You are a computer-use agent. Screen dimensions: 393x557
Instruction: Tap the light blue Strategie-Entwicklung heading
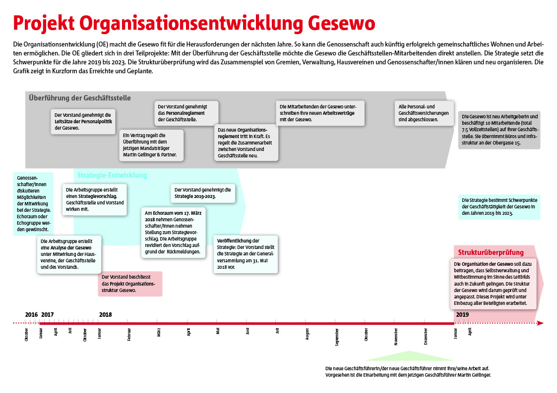pos(112,175)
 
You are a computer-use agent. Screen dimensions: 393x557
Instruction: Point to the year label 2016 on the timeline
pos(31,314)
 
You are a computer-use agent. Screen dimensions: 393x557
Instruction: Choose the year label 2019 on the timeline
pos(462,314)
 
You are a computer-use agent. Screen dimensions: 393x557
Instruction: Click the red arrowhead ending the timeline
pos(540,323)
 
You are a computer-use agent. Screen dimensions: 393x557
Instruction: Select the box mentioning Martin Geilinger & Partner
pos(152,145)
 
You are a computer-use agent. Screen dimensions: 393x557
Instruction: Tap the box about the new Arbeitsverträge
pos(320,113)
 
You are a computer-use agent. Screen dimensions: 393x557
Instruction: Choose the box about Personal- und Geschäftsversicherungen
pos(424,113)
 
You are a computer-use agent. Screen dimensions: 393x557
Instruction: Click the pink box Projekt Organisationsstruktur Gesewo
pos(130,284)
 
